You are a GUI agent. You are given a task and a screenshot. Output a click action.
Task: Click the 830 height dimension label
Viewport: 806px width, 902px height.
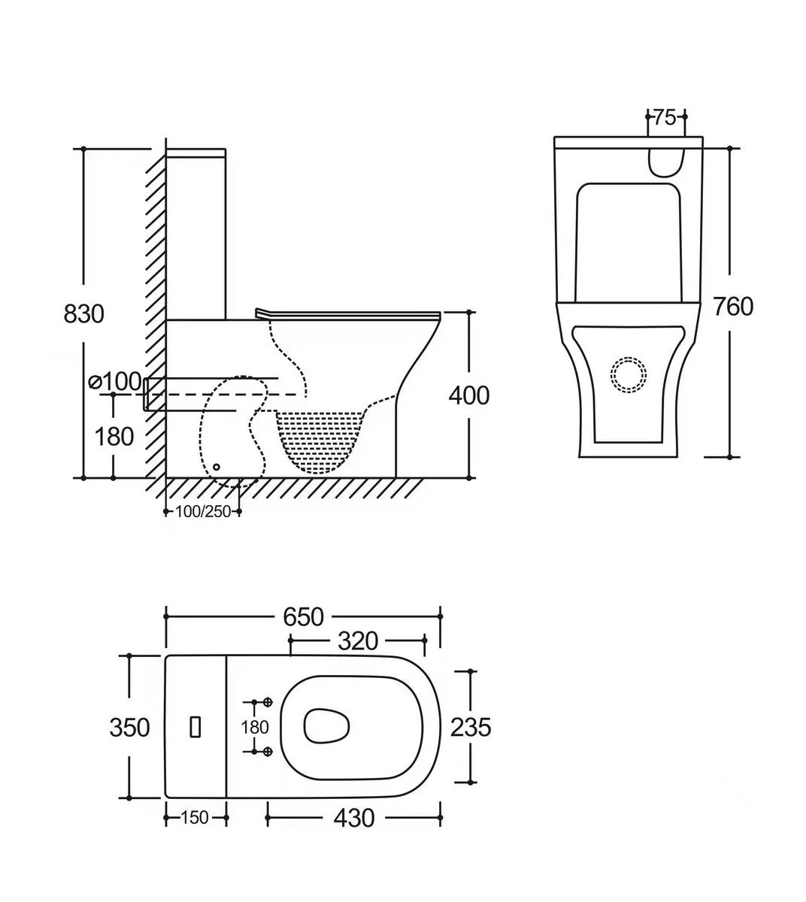click(x=83, y=314)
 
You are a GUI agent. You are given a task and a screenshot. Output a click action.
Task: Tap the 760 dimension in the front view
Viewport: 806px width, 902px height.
click(x=733, y=307)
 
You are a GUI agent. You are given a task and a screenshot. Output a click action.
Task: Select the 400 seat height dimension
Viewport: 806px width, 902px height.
click(x=469, y=395)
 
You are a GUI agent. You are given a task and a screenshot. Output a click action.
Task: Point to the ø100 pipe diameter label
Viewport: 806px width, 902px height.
click(x=115, y=381)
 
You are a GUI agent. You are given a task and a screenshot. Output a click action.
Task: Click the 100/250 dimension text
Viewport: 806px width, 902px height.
click(x=203, y=512)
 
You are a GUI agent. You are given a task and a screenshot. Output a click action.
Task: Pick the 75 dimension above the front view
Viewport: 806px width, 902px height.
click(x=665, y=118)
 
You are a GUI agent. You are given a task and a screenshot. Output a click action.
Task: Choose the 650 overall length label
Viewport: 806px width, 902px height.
click(x=303, y=617)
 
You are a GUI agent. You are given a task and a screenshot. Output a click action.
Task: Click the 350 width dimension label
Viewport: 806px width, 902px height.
click(x=129, y=728)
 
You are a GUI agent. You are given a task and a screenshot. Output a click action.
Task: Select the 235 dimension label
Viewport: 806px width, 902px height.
click(x=471, y=728)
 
